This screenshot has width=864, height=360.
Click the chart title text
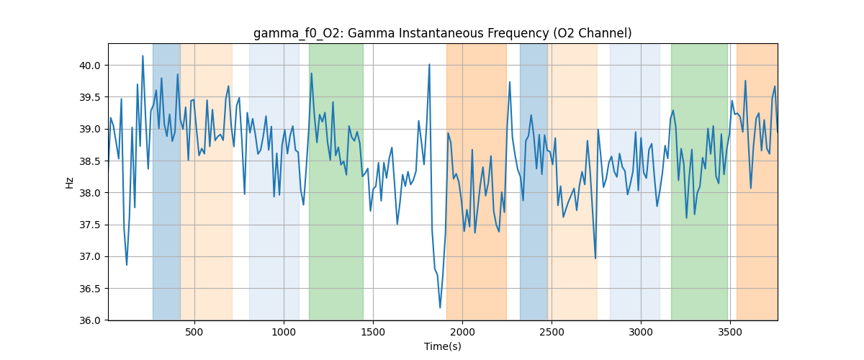[x=442, y=33]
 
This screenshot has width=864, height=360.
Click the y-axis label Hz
[x=70, y=182]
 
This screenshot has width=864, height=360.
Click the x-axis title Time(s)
[x=442, y=346]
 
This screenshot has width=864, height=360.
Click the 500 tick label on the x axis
[x=194, y=332]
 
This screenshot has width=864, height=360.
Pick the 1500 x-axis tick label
[x=373, y=332]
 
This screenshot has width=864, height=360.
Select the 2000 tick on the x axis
[x=462, y=332]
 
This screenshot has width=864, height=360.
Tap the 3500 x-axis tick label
[x=730, y=332]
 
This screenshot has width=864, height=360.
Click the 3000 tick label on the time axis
[x=641, y=332]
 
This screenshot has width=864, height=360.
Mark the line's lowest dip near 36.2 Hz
[x=440, y=307]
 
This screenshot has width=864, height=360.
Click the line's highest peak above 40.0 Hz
[x=143, y=56]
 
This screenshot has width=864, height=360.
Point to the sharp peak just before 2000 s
[x=429, y=64]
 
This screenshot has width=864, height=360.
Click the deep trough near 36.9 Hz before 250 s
[x=127, y=264]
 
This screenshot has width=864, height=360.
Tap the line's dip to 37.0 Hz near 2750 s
[x=595, y=258]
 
